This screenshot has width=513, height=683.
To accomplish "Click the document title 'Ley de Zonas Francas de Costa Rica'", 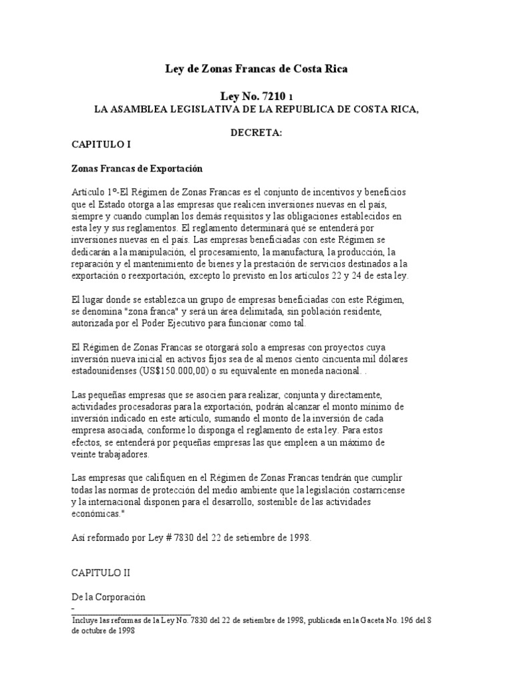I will [x=256, y=69].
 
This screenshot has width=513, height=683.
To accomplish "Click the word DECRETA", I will [x=256, y=133].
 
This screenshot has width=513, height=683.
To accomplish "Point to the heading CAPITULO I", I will [x=96, y=143].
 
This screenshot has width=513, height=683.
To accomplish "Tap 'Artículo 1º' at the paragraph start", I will [x=94, y=192].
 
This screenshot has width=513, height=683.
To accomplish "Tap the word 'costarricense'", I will [x=377, y=490].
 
